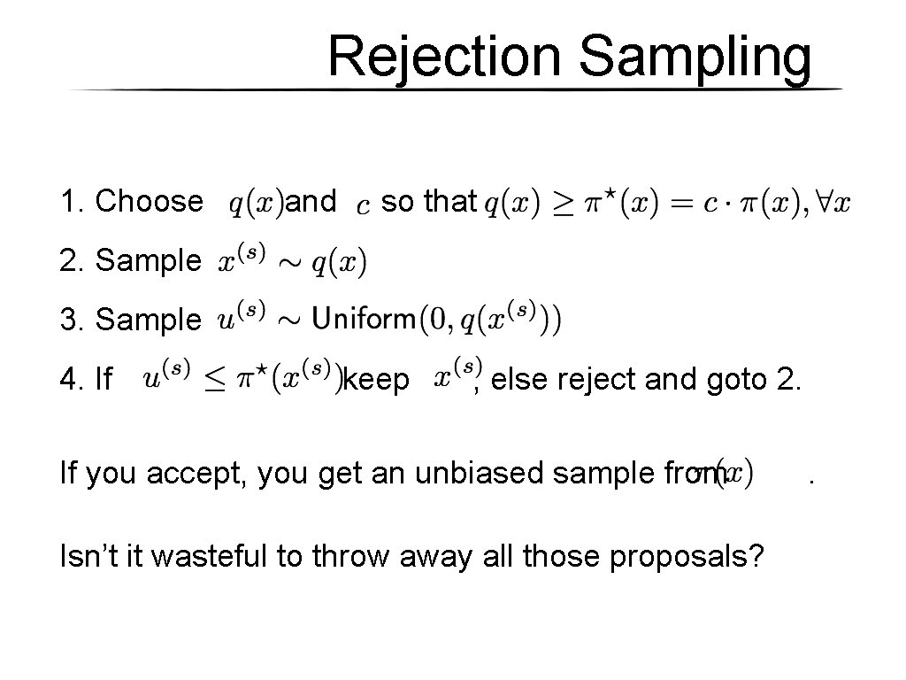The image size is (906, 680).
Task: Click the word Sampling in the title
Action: pyautogui.click(x=695, y=58)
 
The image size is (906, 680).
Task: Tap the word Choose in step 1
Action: pyautogui.click(x=149, y=202)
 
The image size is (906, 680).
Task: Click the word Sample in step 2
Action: pyautogui.click(x=149, y=261)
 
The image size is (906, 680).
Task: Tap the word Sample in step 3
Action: pyautogui.click(x=149, y=320)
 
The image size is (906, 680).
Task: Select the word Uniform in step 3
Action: pyautogui.click(x=364, y=316)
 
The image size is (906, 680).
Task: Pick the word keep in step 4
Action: pyautogui.click(x=377, y=381)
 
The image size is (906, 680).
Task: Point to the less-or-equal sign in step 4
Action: pyautogui.click(x=216, y=381)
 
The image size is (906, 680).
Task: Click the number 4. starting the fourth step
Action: pyautogui.click(x=71, y=381)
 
